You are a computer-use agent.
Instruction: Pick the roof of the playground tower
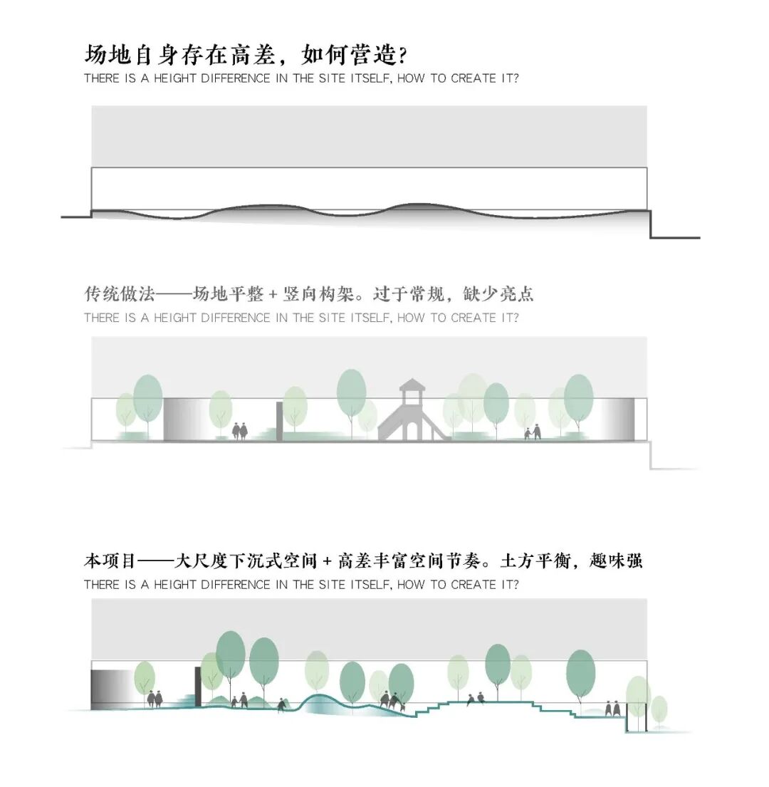tap(412, 387)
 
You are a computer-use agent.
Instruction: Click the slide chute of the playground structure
tap(437, 427)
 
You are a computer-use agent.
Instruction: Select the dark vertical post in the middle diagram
tap(279, 421)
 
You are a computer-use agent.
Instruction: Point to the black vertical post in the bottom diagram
tap(197, 687)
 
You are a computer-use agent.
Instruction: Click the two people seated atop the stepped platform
tap(476, 699)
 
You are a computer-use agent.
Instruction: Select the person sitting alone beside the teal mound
tap(283, 704)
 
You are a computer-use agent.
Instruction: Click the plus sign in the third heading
tap(327, 561)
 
